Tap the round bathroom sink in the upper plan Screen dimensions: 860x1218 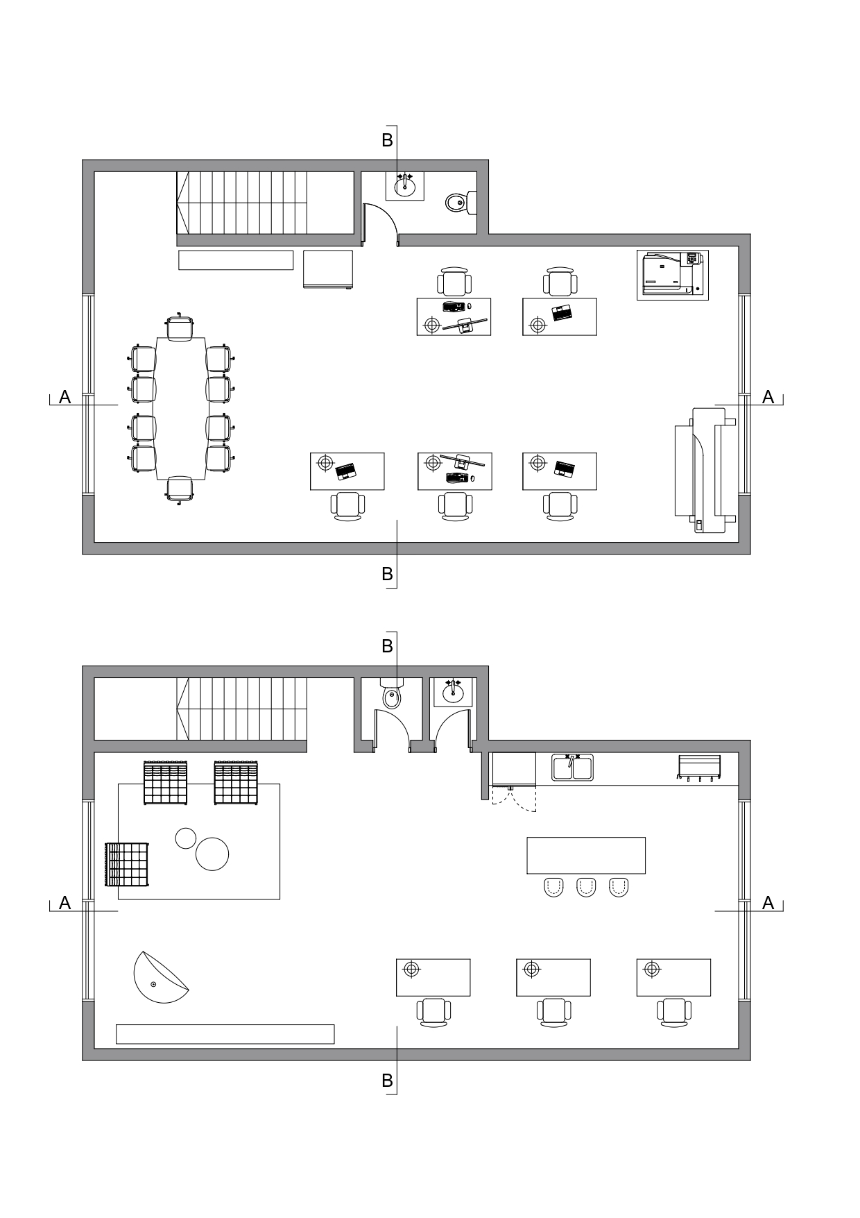(x=405, y=186)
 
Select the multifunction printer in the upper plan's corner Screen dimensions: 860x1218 (x=673, y=275)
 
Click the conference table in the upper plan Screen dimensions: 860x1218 (x=180, y=408)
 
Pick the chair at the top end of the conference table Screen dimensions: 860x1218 (x=180, y=328)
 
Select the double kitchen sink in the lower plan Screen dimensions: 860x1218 (x=572, y=768)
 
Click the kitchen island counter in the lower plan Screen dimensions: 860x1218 (x=586, y=855)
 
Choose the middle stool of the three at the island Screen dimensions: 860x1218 (x=586, y=888)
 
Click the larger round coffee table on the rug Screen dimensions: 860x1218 (x=212, y=854)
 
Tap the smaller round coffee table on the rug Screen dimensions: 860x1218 (x=186, y=838)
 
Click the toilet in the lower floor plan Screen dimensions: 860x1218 (x=392, y=694)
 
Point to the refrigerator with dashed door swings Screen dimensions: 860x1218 (x=514, y=770)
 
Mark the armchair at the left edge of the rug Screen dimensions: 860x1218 (x=127, y=865)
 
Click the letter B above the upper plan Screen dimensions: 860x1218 (x=387, y=140)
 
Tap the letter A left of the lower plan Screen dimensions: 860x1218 (x=65, y=903)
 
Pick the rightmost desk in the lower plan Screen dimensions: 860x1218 (x=673, y=978)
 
